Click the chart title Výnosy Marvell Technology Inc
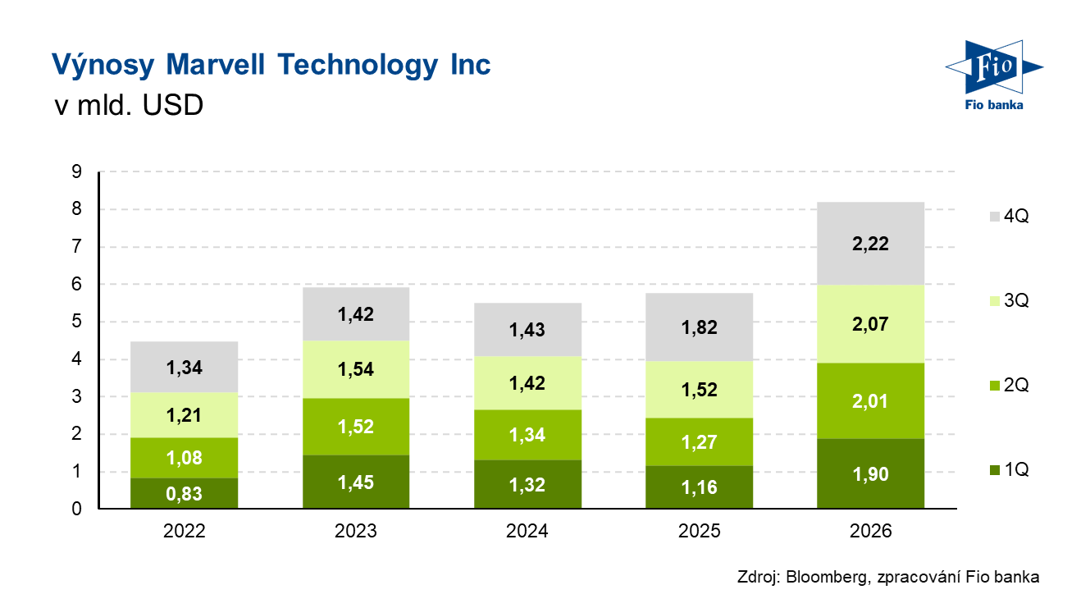[271, 64]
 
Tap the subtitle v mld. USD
[127, 106]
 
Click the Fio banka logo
[992, 75]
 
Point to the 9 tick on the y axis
[76, 172]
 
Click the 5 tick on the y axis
[76, 322]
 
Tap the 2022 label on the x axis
[184, 532]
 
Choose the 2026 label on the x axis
[870, 532]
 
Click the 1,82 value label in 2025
[699, 327]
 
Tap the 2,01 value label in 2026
[870, 402]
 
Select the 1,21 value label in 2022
[184, 416]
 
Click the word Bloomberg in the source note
[827, 577]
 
